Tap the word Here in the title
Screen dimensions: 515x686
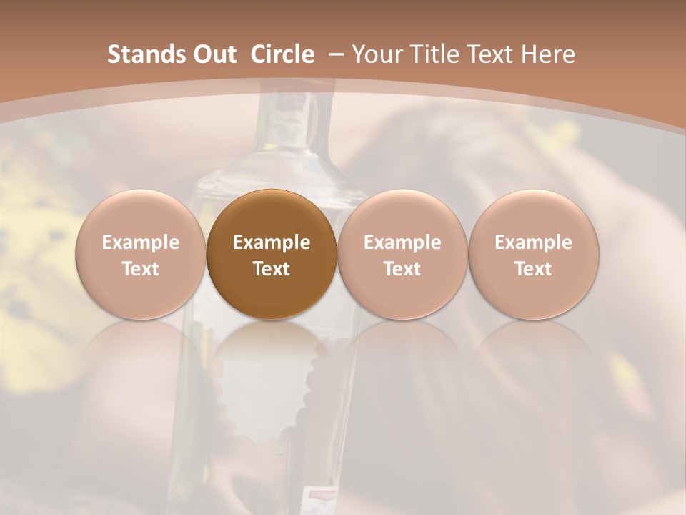(550, 54)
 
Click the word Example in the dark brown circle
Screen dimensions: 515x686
(272, 242)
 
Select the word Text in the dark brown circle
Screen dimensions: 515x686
(272, 269)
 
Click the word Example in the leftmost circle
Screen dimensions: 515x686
(141, 242)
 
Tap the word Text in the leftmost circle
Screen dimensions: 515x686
(141, 269)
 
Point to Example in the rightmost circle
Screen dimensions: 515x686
(533, 242)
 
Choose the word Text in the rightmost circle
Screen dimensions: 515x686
(533, 269)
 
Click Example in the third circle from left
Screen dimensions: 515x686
(402, 242)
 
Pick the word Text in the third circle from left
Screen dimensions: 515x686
(402, 269)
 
